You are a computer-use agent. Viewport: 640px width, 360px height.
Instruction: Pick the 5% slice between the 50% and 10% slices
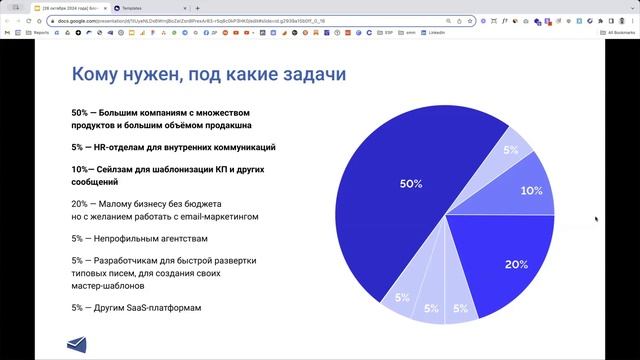pos(508,150)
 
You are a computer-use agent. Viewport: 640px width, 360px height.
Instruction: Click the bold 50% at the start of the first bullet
pos(81,113)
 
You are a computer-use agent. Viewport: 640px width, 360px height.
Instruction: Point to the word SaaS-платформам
pos(160,308)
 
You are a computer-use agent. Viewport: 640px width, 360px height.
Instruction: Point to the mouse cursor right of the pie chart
pos(596,218)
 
